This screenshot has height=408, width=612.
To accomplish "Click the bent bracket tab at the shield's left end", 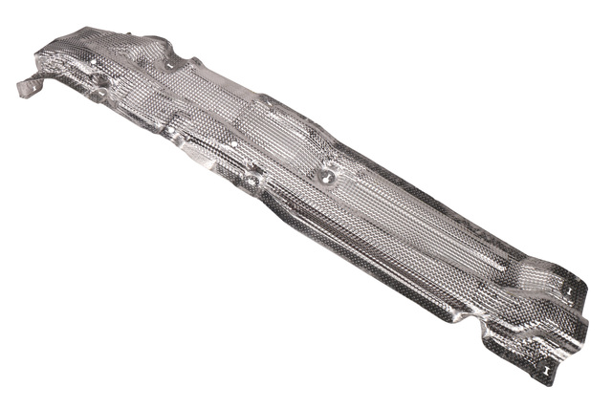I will pos(29,86).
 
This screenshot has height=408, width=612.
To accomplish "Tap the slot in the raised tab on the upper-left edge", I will pos(171,66).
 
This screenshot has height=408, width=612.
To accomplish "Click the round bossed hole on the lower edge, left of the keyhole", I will pos(251,179).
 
